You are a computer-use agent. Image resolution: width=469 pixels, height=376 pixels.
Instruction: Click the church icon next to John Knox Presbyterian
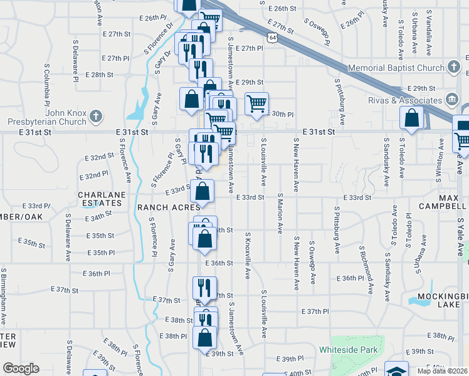(x=95, y=115)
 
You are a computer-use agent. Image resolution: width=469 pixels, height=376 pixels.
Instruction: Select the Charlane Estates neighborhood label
(x=99, y=199)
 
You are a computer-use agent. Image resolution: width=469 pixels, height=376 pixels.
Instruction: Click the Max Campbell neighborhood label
(x=452, y=202)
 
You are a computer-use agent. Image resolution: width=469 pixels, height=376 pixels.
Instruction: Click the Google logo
(x=21, y=368)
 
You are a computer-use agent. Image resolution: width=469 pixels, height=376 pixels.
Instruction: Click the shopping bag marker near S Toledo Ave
(x=412, y=118)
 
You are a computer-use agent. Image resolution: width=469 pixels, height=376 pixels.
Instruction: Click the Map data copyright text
(x=441, y=371)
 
